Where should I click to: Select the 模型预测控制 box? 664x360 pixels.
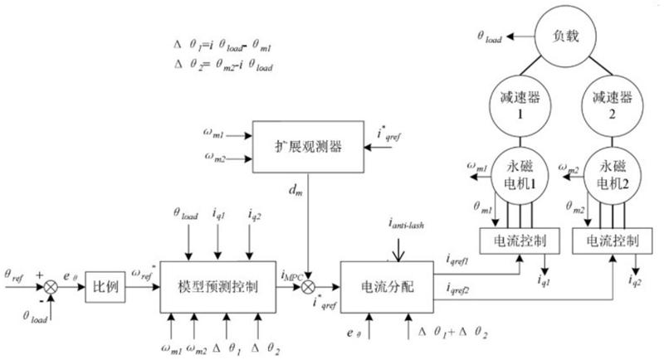point(217,287)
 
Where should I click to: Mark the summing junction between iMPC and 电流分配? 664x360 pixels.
point(308,287)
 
